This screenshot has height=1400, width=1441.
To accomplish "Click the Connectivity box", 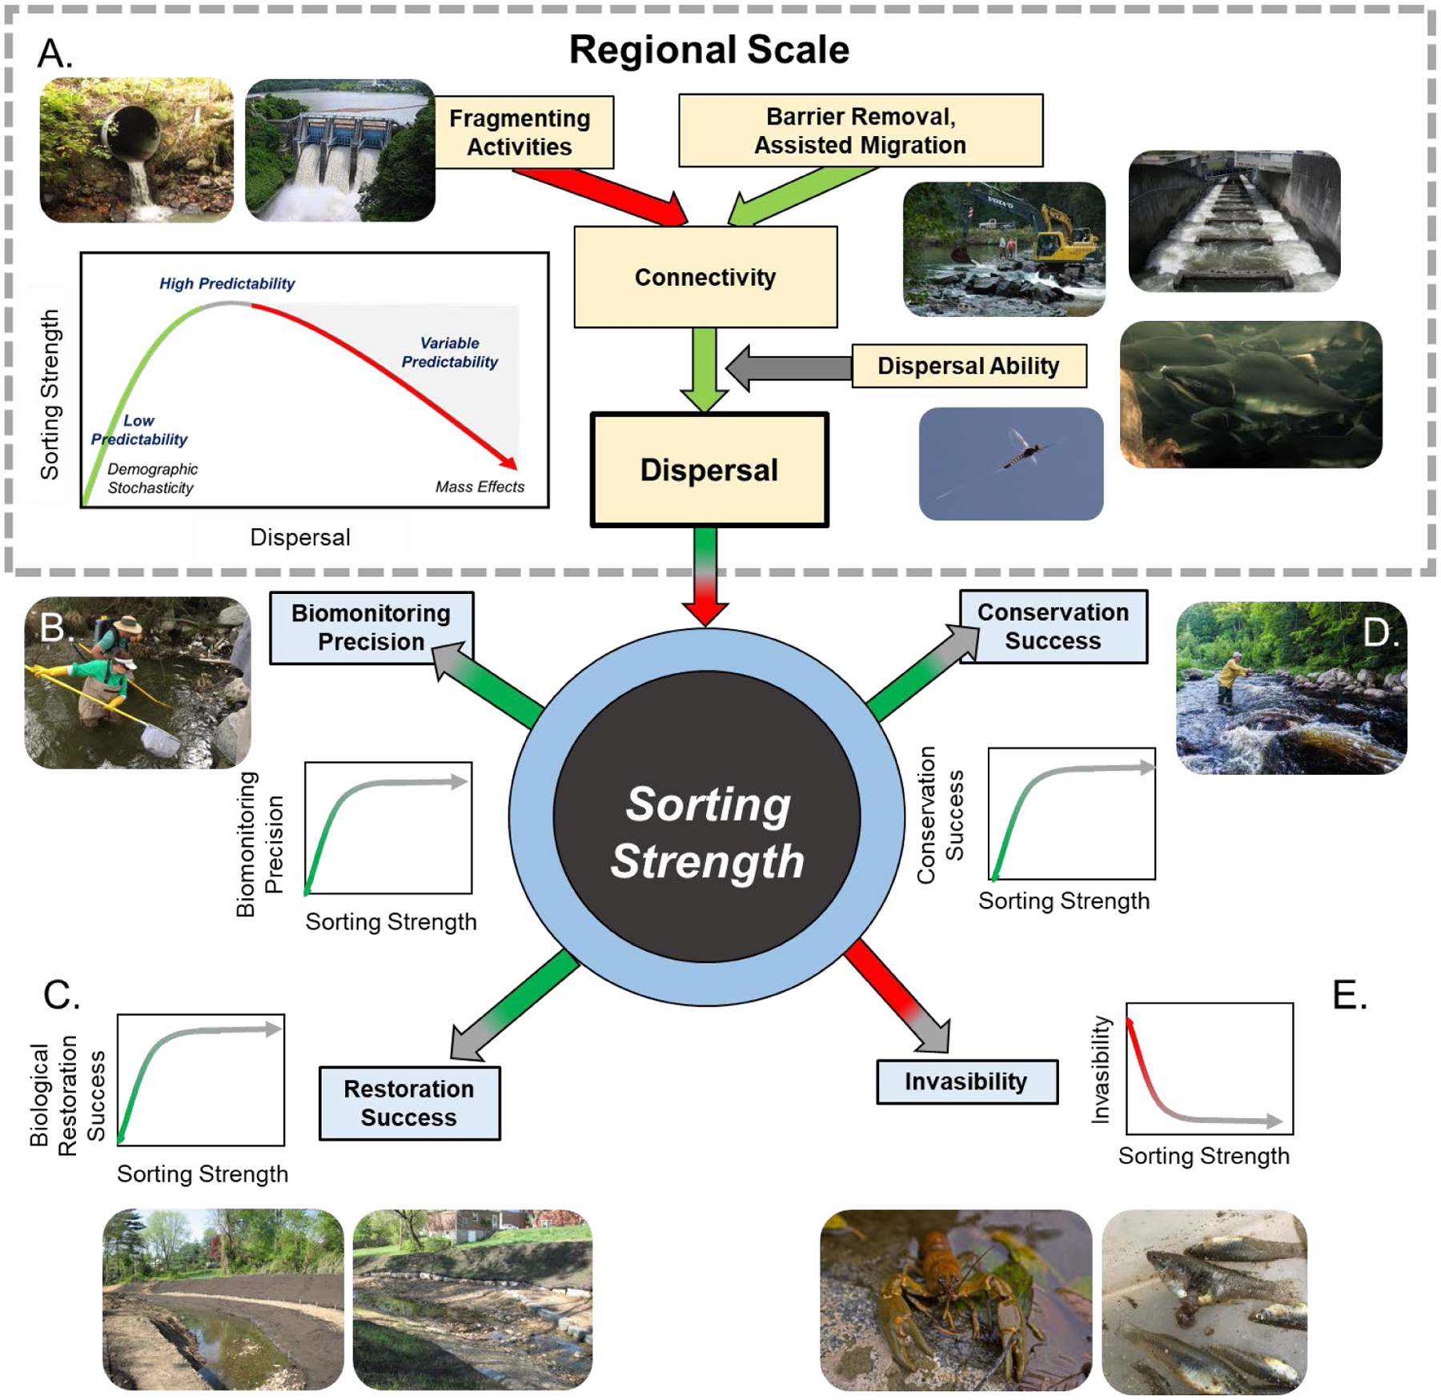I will [x=705, y=277].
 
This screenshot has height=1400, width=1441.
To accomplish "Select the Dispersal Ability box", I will [x=968, y=366].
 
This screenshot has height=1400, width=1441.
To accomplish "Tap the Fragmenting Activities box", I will [x=520, y=132].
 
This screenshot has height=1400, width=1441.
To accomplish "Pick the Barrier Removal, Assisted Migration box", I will [x=861, y=130].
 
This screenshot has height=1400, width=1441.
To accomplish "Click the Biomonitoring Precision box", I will [x=371, y=628].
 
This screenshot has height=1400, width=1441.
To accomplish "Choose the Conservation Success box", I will [x=1053, y=627].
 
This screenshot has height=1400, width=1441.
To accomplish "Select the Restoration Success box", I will [x=409, y=1103].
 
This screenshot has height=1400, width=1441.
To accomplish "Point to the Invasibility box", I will [x=966, y=1081].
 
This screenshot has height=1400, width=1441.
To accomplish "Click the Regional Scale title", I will [x=708, y=50].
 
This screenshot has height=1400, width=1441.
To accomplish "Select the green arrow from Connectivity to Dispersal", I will [x=704, y=368].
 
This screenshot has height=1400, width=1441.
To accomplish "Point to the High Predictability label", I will [x=227, y=283].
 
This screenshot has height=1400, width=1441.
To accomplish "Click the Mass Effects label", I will [x=480, y=487].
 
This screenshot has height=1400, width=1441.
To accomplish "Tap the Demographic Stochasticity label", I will [x=152, y=478].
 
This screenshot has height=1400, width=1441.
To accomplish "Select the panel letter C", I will [x=61, y=995].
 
